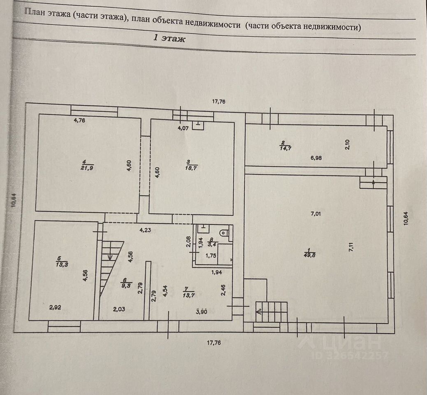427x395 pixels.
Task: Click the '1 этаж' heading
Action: tap(169, 39)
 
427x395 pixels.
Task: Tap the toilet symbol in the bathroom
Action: tap(223, 233)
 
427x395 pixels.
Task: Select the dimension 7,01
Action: tap(316, 213)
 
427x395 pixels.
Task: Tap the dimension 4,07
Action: tap(183, 128)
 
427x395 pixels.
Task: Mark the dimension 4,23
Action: tap(145, 230)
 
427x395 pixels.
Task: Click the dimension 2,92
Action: tap(55, 307)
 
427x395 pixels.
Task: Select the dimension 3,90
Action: tap(201, 312)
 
